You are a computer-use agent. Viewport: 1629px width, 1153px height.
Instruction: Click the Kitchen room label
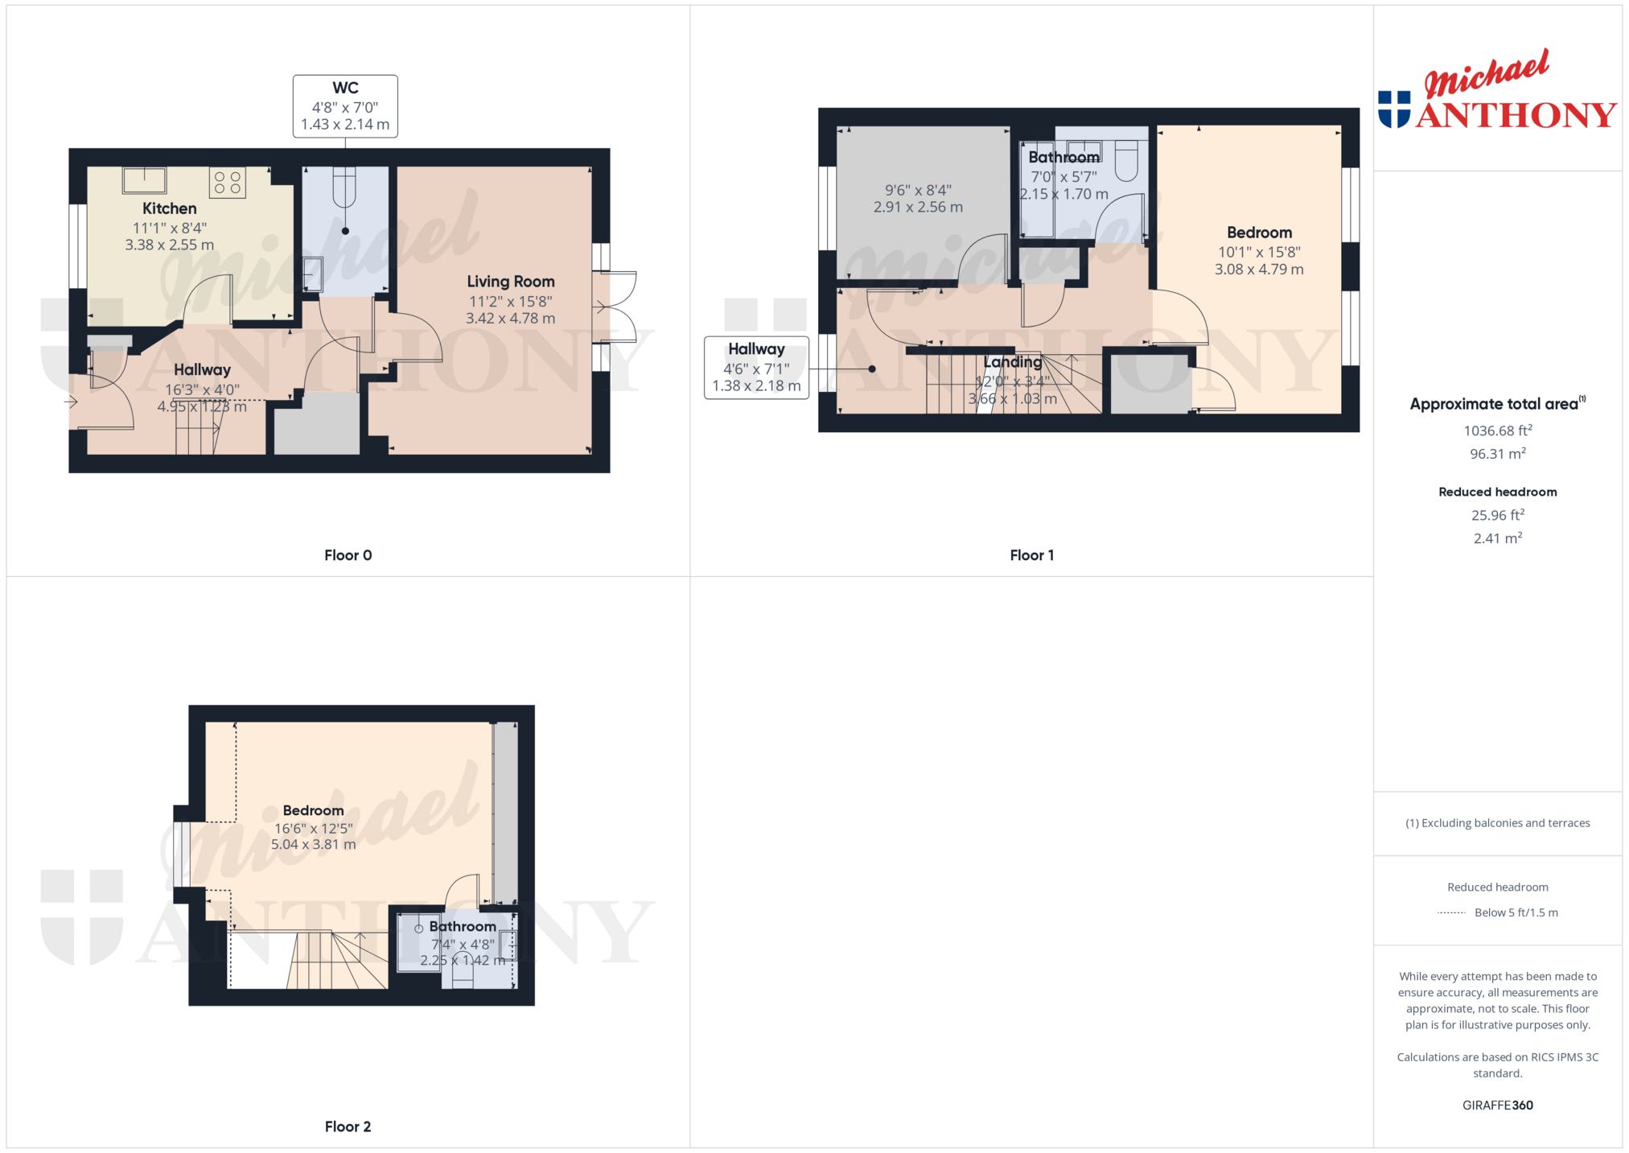click(169, 208)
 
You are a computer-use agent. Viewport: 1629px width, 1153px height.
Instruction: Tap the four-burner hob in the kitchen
click(228, 183)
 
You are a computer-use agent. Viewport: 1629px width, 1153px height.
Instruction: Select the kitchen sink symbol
click(145, 180)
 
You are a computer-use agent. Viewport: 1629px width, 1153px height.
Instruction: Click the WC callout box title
click(345, 88)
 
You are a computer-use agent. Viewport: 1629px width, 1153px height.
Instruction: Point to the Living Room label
click(511, 282)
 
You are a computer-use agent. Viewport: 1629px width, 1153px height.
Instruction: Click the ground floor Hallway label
click(202, 370)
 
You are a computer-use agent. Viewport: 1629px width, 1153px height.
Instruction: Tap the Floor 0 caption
click(348, 555)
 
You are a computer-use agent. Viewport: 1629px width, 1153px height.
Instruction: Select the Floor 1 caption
click(1032, 555)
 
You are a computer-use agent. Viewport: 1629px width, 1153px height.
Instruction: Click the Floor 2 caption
click(348, 1126)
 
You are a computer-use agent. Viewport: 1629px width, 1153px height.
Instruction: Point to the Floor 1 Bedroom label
click(1259, 233)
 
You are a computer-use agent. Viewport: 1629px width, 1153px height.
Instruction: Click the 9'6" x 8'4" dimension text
click(918, 190)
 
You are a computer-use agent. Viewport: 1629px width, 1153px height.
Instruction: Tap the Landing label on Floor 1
click(1013, 362)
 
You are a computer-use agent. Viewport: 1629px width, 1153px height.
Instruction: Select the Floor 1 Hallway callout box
click(756, 368)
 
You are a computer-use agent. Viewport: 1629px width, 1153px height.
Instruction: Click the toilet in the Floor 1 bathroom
click(1126, 161)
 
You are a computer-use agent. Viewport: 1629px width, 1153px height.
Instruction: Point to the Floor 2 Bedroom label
click(313, 810)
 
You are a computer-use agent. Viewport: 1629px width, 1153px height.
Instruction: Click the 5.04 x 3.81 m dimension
click(313, 845)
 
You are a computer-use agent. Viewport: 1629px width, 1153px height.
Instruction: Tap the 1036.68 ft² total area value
click(1497, 430)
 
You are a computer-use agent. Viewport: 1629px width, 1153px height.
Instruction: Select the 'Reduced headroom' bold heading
click(1497, 492)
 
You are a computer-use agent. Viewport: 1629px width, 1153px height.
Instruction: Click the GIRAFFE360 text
click(1497, 1106)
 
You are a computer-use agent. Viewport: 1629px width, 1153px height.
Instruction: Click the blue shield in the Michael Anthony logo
click(1394, 109)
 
